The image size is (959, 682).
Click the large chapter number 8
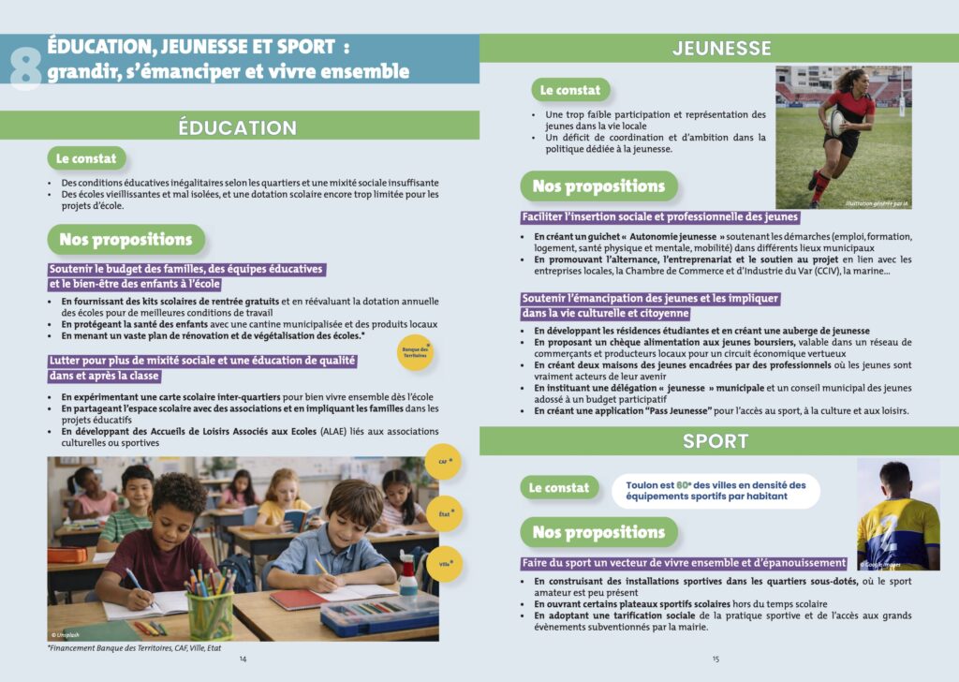click(26, 66)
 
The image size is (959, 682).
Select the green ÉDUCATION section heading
click(238, 127)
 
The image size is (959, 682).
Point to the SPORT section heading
click(716, 441)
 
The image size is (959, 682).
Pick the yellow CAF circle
click(444, 462)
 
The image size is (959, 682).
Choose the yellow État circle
click(444, 513)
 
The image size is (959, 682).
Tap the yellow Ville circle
click(444, 564)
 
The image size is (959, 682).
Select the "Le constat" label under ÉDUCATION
click(86, 158)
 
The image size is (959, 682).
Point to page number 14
click(243, 659)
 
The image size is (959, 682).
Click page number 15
click(716, 659)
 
